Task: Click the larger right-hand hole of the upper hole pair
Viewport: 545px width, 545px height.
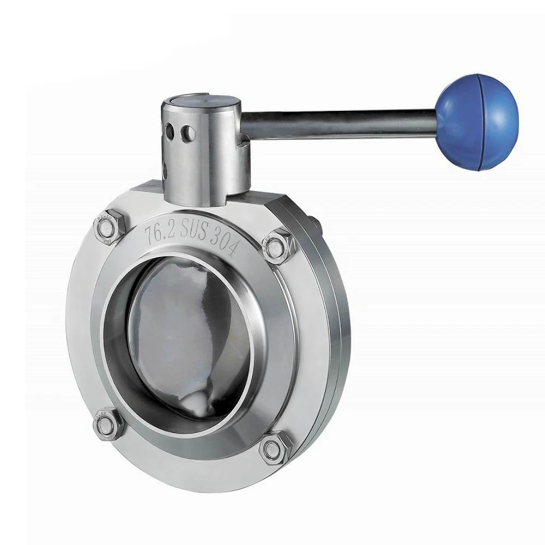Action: [x=187, y=132]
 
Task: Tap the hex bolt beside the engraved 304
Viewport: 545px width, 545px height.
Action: [x=276, y=246]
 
